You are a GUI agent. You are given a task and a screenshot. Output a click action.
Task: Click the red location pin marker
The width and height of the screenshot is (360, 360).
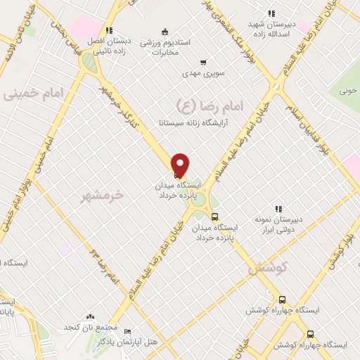(x=181, y=165)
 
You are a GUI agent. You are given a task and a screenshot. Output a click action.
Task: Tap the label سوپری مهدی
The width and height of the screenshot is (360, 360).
(x=204, y=74)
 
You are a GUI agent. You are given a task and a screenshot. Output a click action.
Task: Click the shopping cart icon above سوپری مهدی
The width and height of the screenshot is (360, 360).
(x=204, y=63)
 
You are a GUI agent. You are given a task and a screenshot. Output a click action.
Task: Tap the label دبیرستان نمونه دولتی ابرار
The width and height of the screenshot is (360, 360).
(x=278, y=224)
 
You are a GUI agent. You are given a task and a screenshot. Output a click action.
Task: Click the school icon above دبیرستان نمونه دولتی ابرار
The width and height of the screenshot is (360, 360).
(x=278, y=209)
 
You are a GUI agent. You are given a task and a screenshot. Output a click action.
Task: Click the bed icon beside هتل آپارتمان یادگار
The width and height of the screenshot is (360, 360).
(x=127, y=330)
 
